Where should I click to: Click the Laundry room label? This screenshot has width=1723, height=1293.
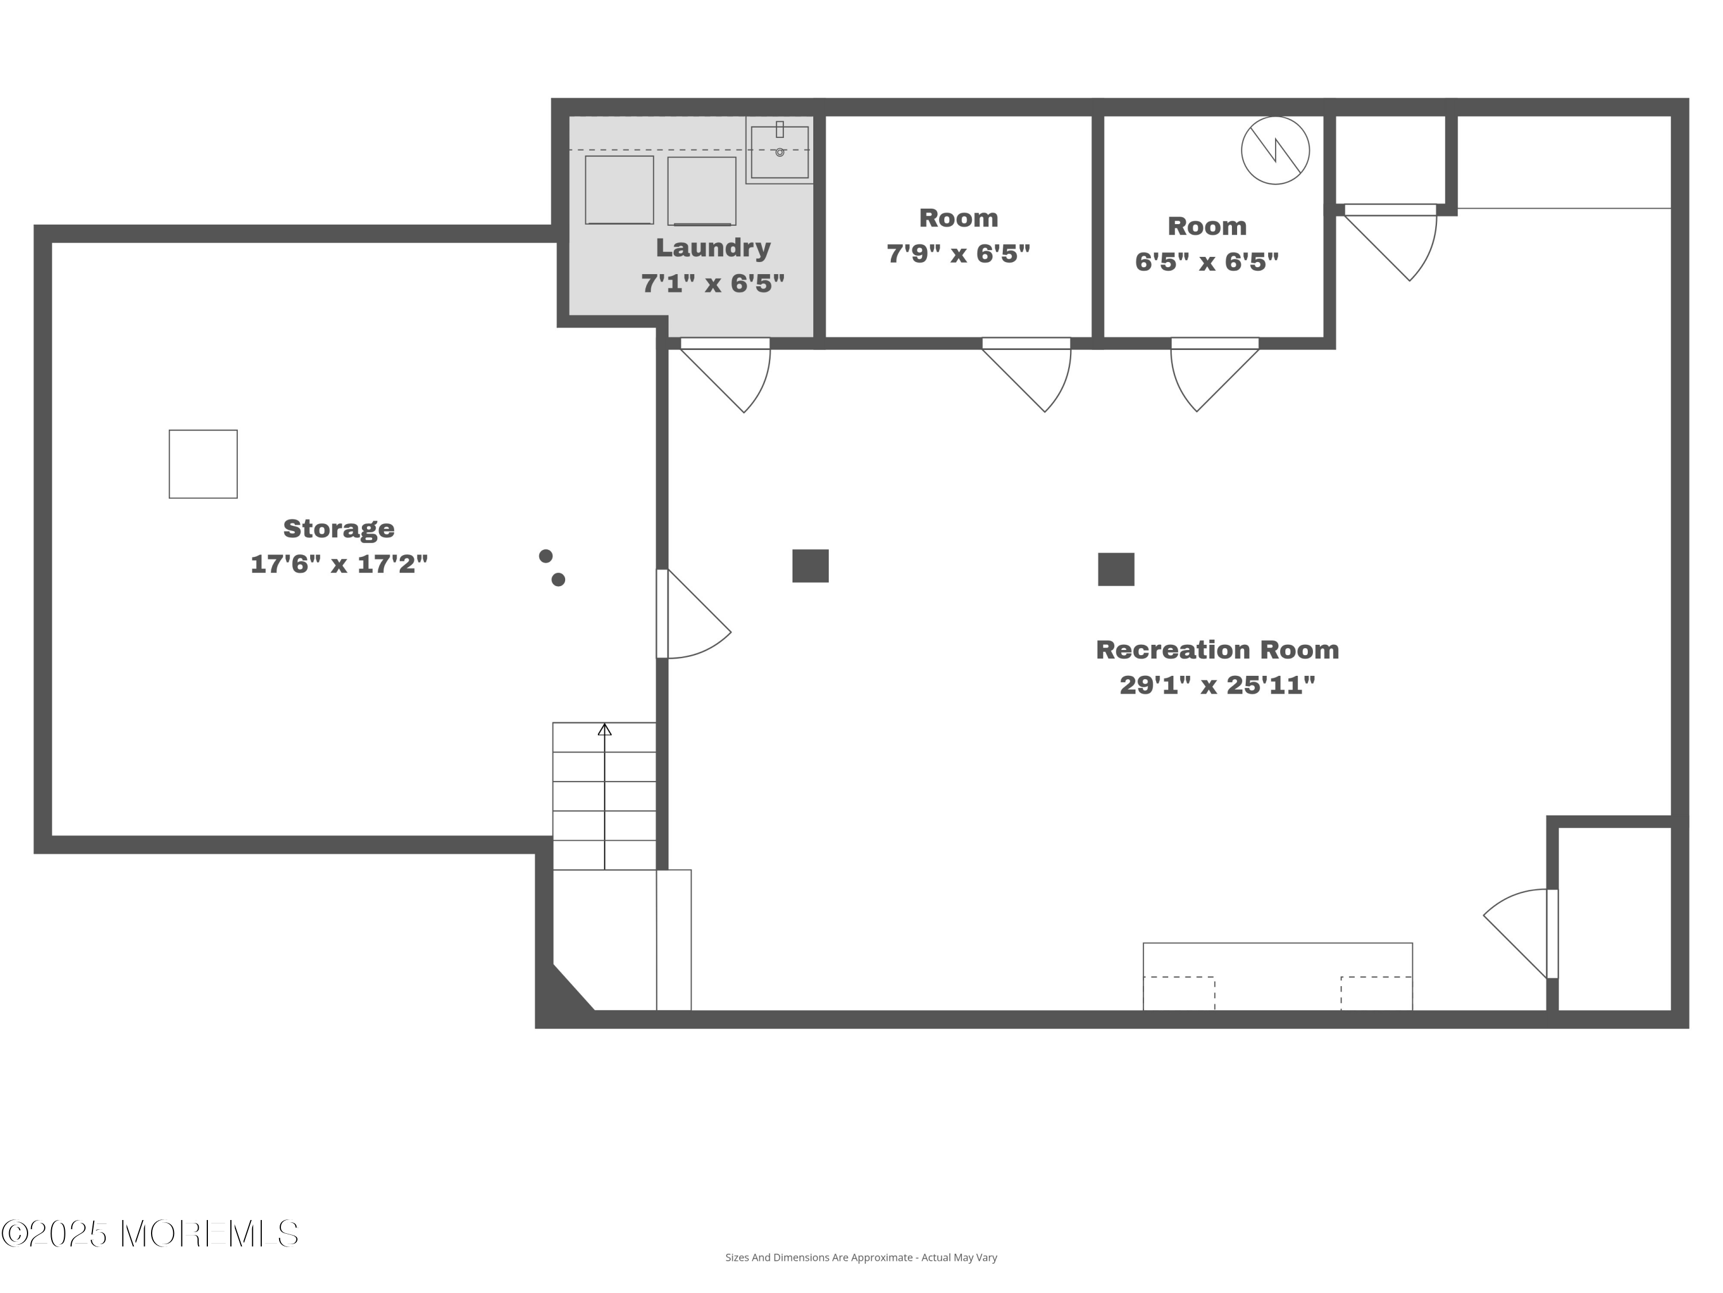(x=713, y=248)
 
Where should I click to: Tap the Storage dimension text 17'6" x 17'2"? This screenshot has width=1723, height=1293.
(x=339, y=564)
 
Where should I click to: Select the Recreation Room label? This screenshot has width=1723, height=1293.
(x=1216, y=650)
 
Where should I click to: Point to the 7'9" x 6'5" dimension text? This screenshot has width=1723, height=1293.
(x=958, y=253)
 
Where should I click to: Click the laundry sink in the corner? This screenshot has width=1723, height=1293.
(x=780, y=151)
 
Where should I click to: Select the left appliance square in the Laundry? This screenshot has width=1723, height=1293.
(x=619, y=190)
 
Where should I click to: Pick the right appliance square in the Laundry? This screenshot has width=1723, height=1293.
(x=702, y=191)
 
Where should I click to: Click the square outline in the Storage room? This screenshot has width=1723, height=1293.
(x=203, y=464)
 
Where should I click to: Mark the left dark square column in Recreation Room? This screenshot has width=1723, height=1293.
(x=810, y=566)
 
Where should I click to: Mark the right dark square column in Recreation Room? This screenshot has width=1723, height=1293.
(x=1116, y=569)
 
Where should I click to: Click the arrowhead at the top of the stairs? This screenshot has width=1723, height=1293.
(x=604, y=729)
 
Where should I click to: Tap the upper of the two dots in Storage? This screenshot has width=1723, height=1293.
(x=546, y=556)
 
